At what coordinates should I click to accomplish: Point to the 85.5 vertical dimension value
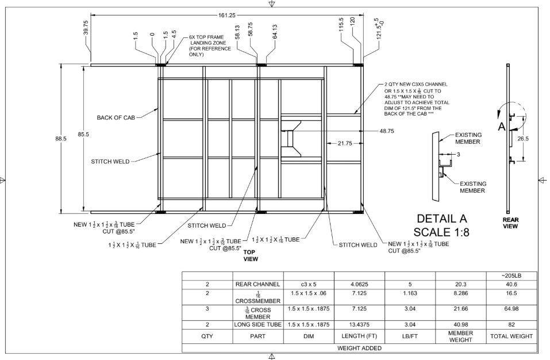click(x=83, y=135)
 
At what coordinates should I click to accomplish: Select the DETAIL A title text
click(x=442, y=219)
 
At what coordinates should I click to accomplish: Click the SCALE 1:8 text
click(x=442, y=234)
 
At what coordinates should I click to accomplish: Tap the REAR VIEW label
click(x=510, y=223)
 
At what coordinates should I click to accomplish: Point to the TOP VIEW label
click(x=251, y=256)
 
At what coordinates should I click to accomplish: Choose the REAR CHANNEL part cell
click(x=257, y=284)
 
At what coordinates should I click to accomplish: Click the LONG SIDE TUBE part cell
click(x=257, y=325)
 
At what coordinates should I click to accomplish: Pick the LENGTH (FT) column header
click(x=359, y=336)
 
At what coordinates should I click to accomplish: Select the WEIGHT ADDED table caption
click(x=359, y=347)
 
